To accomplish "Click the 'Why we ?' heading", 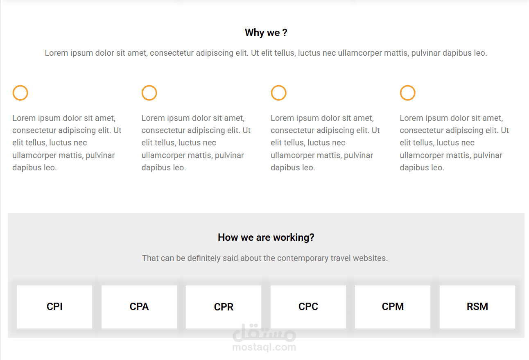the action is click(x=266, y=33).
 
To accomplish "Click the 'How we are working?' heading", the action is click(x=266, y=238).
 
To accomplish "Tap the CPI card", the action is click(x=54, y=307).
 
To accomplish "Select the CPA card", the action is click(x=139, y=307).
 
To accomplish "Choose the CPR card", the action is click(x=224, y=307).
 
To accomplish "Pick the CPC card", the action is click(x=308, y=307).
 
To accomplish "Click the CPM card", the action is click(x=393, y=307).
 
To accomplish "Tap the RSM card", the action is click(x=477, y=307).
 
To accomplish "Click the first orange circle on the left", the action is click(x=13, y=93).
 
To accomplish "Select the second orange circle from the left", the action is click(x=142, y=93).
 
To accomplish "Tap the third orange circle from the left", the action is click(x=271, y=93).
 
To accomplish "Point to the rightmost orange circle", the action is click(x=400, y=93).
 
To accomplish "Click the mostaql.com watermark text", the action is click(x=264, y=347).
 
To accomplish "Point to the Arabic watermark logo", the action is click(x=264, y=333).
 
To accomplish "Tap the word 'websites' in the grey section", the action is click(x=370, y=258).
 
